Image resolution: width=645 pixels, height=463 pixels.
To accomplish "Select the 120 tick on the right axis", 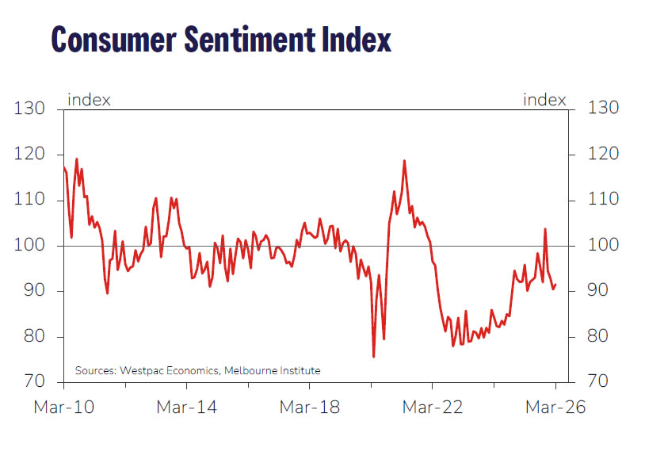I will [598, 154].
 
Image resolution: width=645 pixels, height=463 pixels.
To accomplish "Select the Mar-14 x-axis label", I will [186, 408].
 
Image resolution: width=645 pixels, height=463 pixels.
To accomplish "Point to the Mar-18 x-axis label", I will [310, 408].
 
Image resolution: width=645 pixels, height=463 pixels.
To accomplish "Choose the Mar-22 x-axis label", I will [433, 408].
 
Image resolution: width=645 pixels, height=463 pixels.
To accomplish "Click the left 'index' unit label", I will [89, 100].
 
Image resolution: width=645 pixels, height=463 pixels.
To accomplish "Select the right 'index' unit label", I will [544, 100].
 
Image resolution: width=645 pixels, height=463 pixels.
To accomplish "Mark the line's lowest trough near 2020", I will [373, 357].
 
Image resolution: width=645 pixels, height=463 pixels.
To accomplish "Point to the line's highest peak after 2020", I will [404, 161].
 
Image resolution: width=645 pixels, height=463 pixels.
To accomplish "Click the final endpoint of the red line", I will [555, 285].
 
